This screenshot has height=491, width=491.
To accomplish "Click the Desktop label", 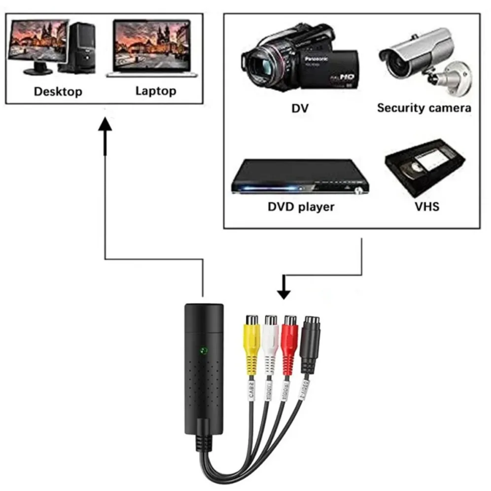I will [58, 91].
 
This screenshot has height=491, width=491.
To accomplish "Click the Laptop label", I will [155, 91].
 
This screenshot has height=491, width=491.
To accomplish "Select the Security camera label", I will [423, 107].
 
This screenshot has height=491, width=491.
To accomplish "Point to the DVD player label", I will [301, 207].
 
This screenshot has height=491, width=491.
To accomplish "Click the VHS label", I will [427, 206].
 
